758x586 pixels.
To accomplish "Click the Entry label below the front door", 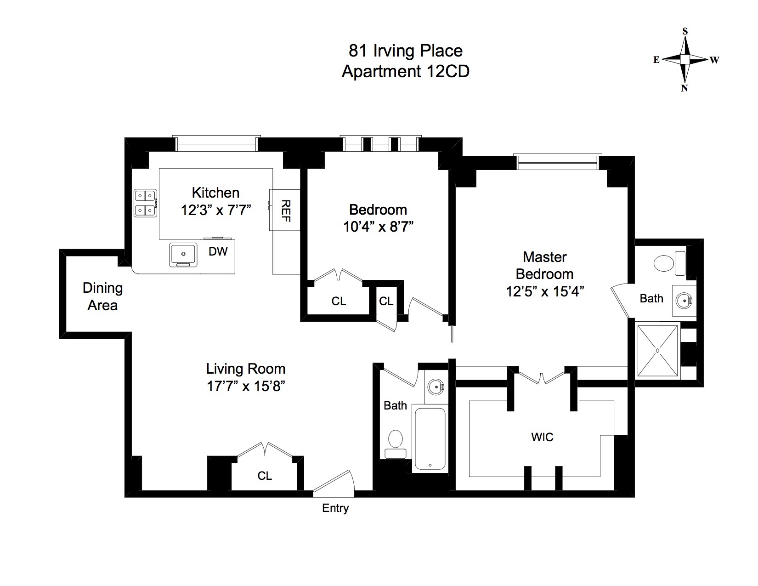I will (x=335, y=508).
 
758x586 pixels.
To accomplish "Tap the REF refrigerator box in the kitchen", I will (x=285, y=210).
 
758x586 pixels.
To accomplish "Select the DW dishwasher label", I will (x=218, y=251).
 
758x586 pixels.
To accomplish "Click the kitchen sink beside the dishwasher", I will (x=183, y=254).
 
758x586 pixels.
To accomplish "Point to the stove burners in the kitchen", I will (x=145, y=203).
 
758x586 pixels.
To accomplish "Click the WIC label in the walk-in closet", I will (x=542, y=437).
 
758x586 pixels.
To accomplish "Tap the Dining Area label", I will (x=102, y=296).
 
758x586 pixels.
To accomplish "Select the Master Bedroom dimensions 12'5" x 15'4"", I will (x=544, y=291).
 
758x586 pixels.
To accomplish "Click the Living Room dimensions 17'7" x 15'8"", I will (x=246, y=386).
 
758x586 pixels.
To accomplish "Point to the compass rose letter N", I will (x=684, y=88).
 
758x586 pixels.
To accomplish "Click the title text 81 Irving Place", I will (x=405, y=51).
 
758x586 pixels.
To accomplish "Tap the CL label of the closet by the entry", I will (x=265, y=476).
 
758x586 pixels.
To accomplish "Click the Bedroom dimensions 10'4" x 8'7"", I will (x=379, y=227).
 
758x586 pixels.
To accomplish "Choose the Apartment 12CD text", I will (x=405, y=72).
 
